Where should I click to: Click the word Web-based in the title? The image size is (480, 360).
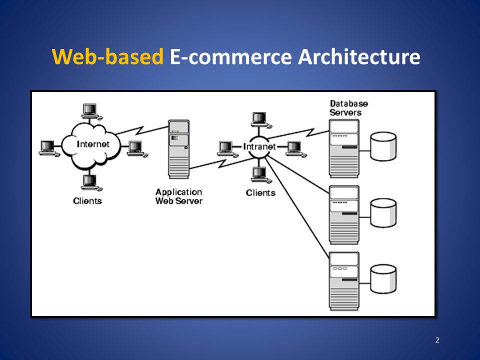tap(107, 56)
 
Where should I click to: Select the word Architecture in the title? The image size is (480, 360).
tap(359, 56)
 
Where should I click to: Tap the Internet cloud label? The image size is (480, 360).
tap(93, 144)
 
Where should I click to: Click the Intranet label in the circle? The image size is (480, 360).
tap(259, 146)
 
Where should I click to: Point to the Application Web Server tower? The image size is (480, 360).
tap(179, 149)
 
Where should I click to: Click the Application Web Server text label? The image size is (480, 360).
tap(179, 196)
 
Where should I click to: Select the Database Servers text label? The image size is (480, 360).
tap(348, 108)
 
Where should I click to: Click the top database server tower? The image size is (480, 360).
tap(344, 148)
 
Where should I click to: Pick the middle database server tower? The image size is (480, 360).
tap(344, 215)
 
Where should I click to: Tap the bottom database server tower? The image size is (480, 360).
tap(344, 281)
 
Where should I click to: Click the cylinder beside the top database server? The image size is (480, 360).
tap(383, 146)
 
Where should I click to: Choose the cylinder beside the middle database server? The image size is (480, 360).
tap(383, 213)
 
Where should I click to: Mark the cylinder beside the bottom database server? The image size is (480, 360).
tap(383, 279)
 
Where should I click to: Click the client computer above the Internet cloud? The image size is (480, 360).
tap(91, 111)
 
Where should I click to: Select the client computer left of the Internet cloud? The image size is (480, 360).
tap(49, 148)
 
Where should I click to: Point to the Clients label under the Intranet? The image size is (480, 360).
tap(260, 193)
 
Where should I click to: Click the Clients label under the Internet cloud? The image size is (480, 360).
tap(87, 201)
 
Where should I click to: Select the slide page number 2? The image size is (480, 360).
tap(437, 340)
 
